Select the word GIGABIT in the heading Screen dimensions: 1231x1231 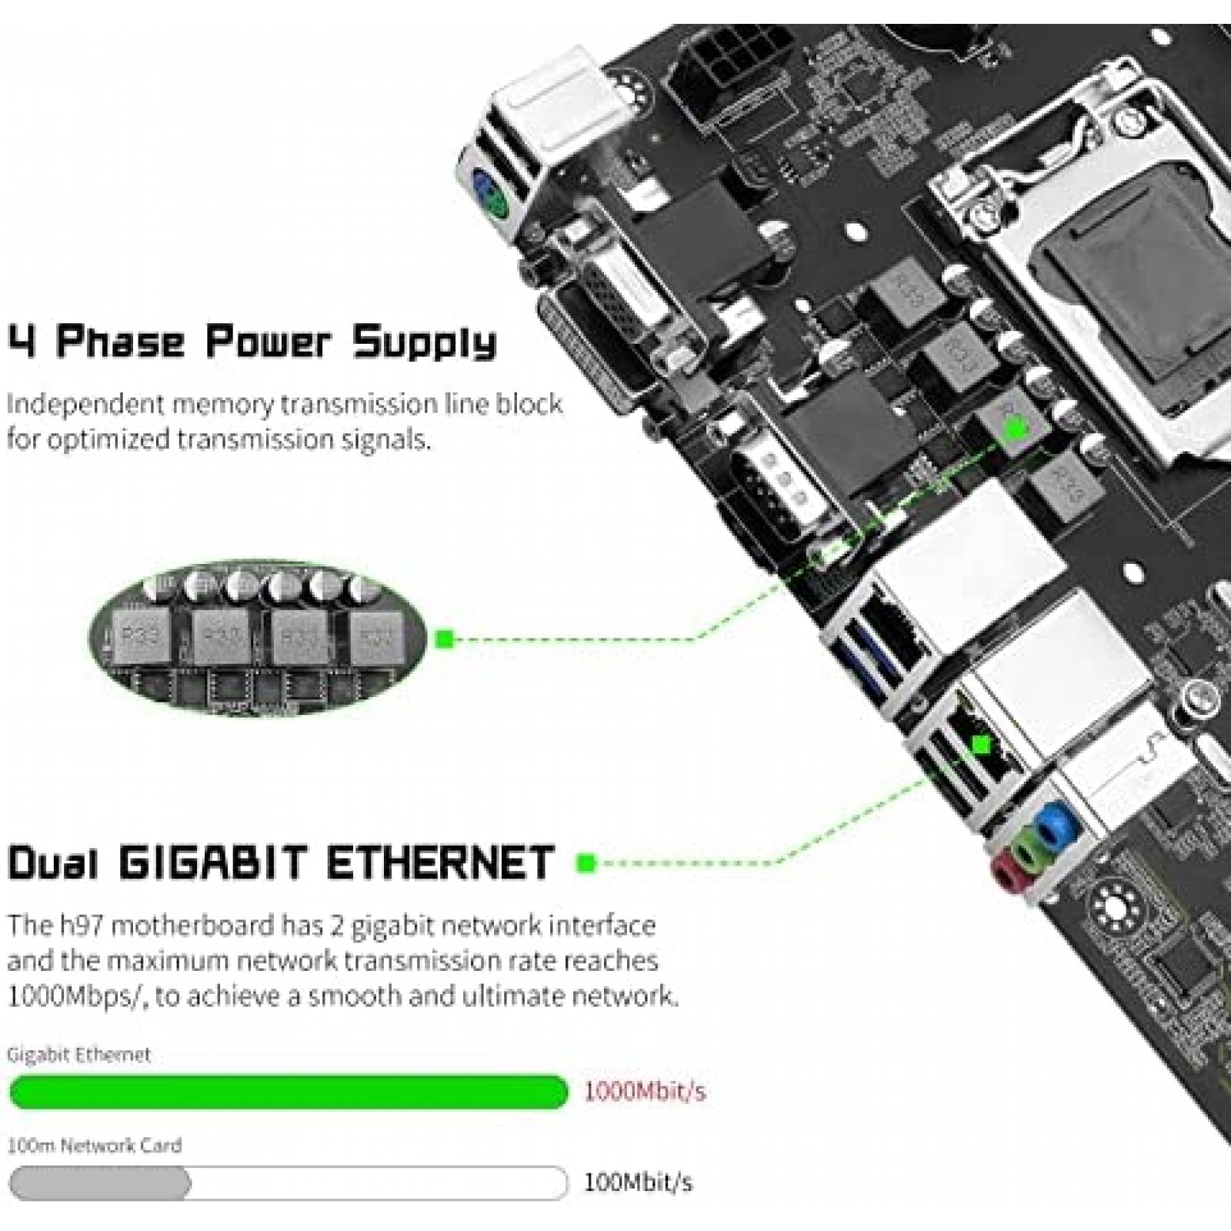point(214,863)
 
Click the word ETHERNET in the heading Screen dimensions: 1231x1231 point(440,863)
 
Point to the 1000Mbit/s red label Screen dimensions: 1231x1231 point(645,1092)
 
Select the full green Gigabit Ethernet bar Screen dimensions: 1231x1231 point(289,1092)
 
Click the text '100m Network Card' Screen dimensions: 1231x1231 point(94,1146)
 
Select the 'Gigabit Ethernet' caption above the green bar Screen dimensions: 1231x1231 point(78,1055)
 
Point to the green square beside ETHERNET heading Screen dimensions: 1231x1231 point(585,863)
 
